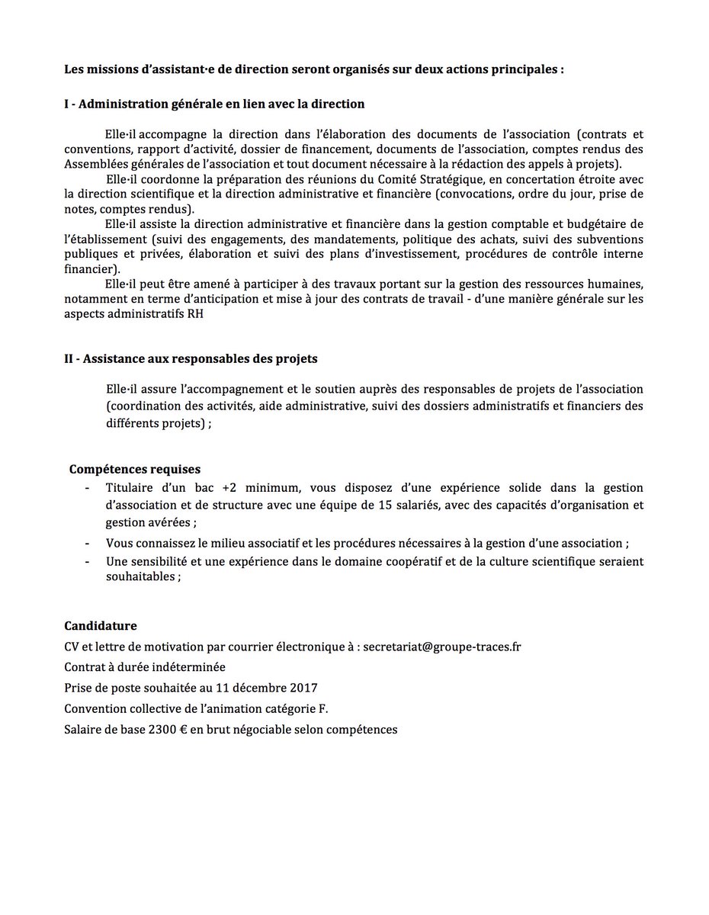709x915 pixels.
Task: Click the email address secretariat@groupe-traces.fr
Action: coord(442,647)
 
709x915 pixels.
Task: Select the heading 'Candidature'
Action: coord(101,626)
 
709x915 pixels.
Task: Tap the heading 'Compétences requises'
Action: coord(135,469)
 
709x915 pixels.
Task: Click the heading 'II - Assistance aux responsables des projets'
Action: coord(191,358)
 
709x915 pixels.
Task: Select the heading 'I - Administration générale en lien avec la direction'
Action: coord(214,103)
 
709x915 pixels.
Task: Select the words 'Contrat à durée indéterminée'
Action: coord(144,667)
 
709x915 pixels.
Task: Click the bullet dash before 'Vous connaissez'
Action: coord(88,543)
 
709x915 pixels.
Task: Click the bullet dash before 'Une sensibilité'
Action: coord(88,561)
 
